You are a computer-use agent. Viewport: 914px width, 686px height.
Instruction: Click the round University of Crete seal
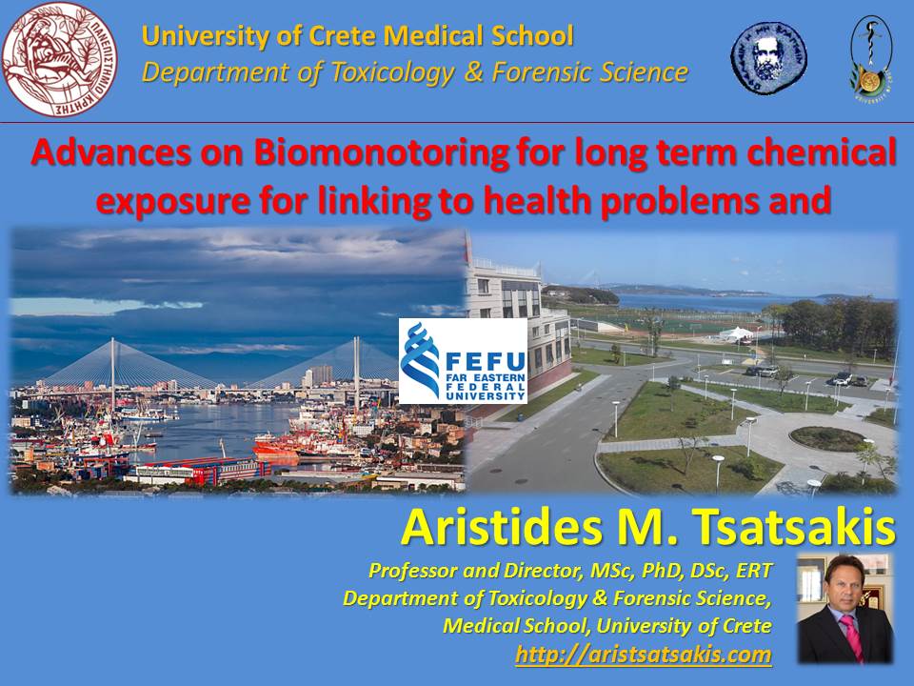point(59,59)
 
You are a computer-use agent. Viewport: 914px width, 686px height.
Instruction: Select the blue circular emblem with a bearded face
point(769,58)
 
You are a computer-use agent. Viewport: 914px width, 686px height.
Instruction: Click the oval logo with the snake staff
point(871,58)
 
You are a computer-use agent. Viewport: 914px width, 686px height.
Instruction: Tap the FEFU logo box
point(463,360)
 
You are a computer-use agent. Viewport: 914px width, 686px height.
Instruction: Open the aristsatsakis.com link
point(644,654)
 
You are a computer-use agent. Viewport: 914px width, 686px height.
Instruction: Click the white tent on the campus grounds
point(736,333)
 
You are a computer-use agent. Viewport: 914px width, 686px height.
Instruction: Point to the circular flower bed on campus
point(827,438)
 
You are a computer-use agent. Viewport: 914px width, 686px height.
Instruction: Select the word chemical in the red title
point(822,152)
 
